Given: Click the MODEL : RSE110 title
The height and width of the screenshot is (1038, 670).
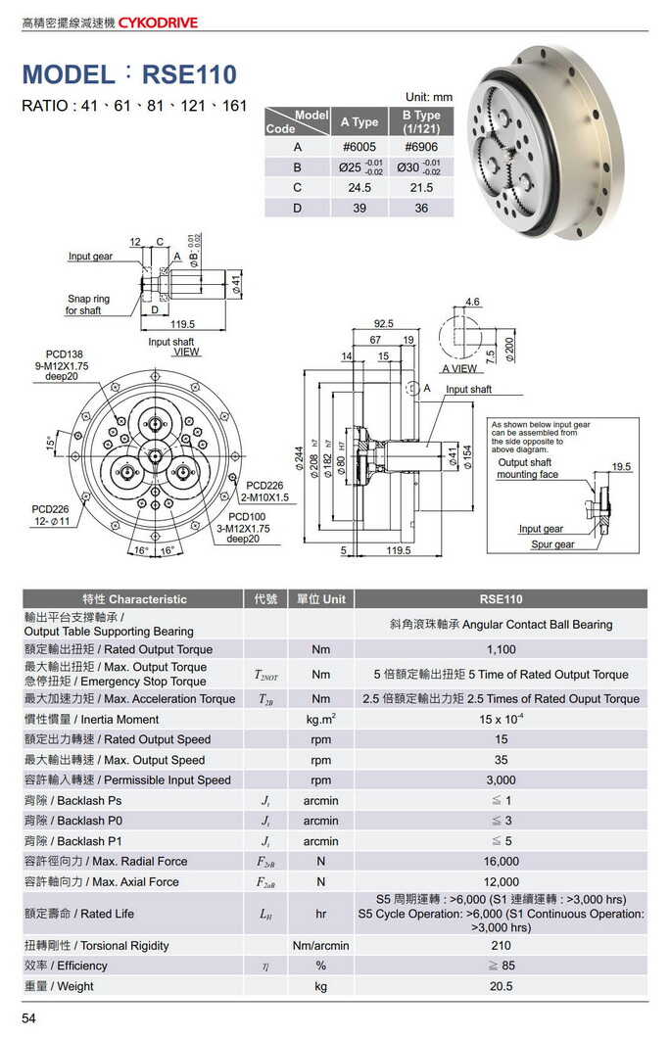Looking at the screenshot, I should tap(128, 73).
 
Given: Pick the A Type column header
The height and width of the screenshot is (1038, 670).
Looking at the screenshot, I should tap(359, 122).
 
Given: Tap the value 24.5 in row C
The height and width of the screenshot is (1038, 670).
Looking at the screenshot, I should tap(359, 187).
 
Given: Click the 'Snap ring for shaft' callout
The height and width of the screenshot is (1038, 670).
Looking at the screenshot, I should tap(87, 305).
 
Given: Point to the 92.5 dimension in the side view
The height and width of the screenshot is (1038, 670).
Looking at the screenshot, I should tap(383, 323).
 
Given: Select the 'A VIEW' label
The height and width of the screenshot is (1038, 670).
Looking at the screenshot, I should tap(460, 369).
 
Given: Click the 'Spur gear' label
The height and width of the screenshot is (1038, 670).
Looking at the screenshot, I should tap(551, 544).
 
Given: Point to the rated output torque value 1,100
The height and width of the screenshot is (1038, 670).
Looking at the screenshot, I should tap(501, 649).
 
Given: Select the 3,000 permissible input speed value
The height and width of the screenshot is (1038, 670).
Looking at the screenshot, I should tap(501, 780).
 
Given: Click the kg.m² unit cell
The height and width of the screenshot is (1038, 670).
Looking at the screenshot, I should tap(320, 720).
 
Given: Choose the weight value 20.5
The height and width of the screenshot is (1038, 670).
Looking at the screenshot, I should tap(501, 986).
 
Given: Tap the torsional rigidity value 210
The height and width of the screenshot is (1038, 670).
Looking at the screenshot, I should tap(501, 946).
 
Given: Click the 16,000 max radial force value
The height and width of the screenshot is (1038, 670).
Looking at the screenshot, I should tap(501, 862).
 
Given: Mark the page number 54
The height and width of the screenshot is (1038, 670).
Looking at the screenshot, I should tap(28, 1019).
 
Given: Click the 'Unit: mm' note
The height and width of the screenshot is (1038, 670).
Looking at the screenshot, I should tap(429, 97).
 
